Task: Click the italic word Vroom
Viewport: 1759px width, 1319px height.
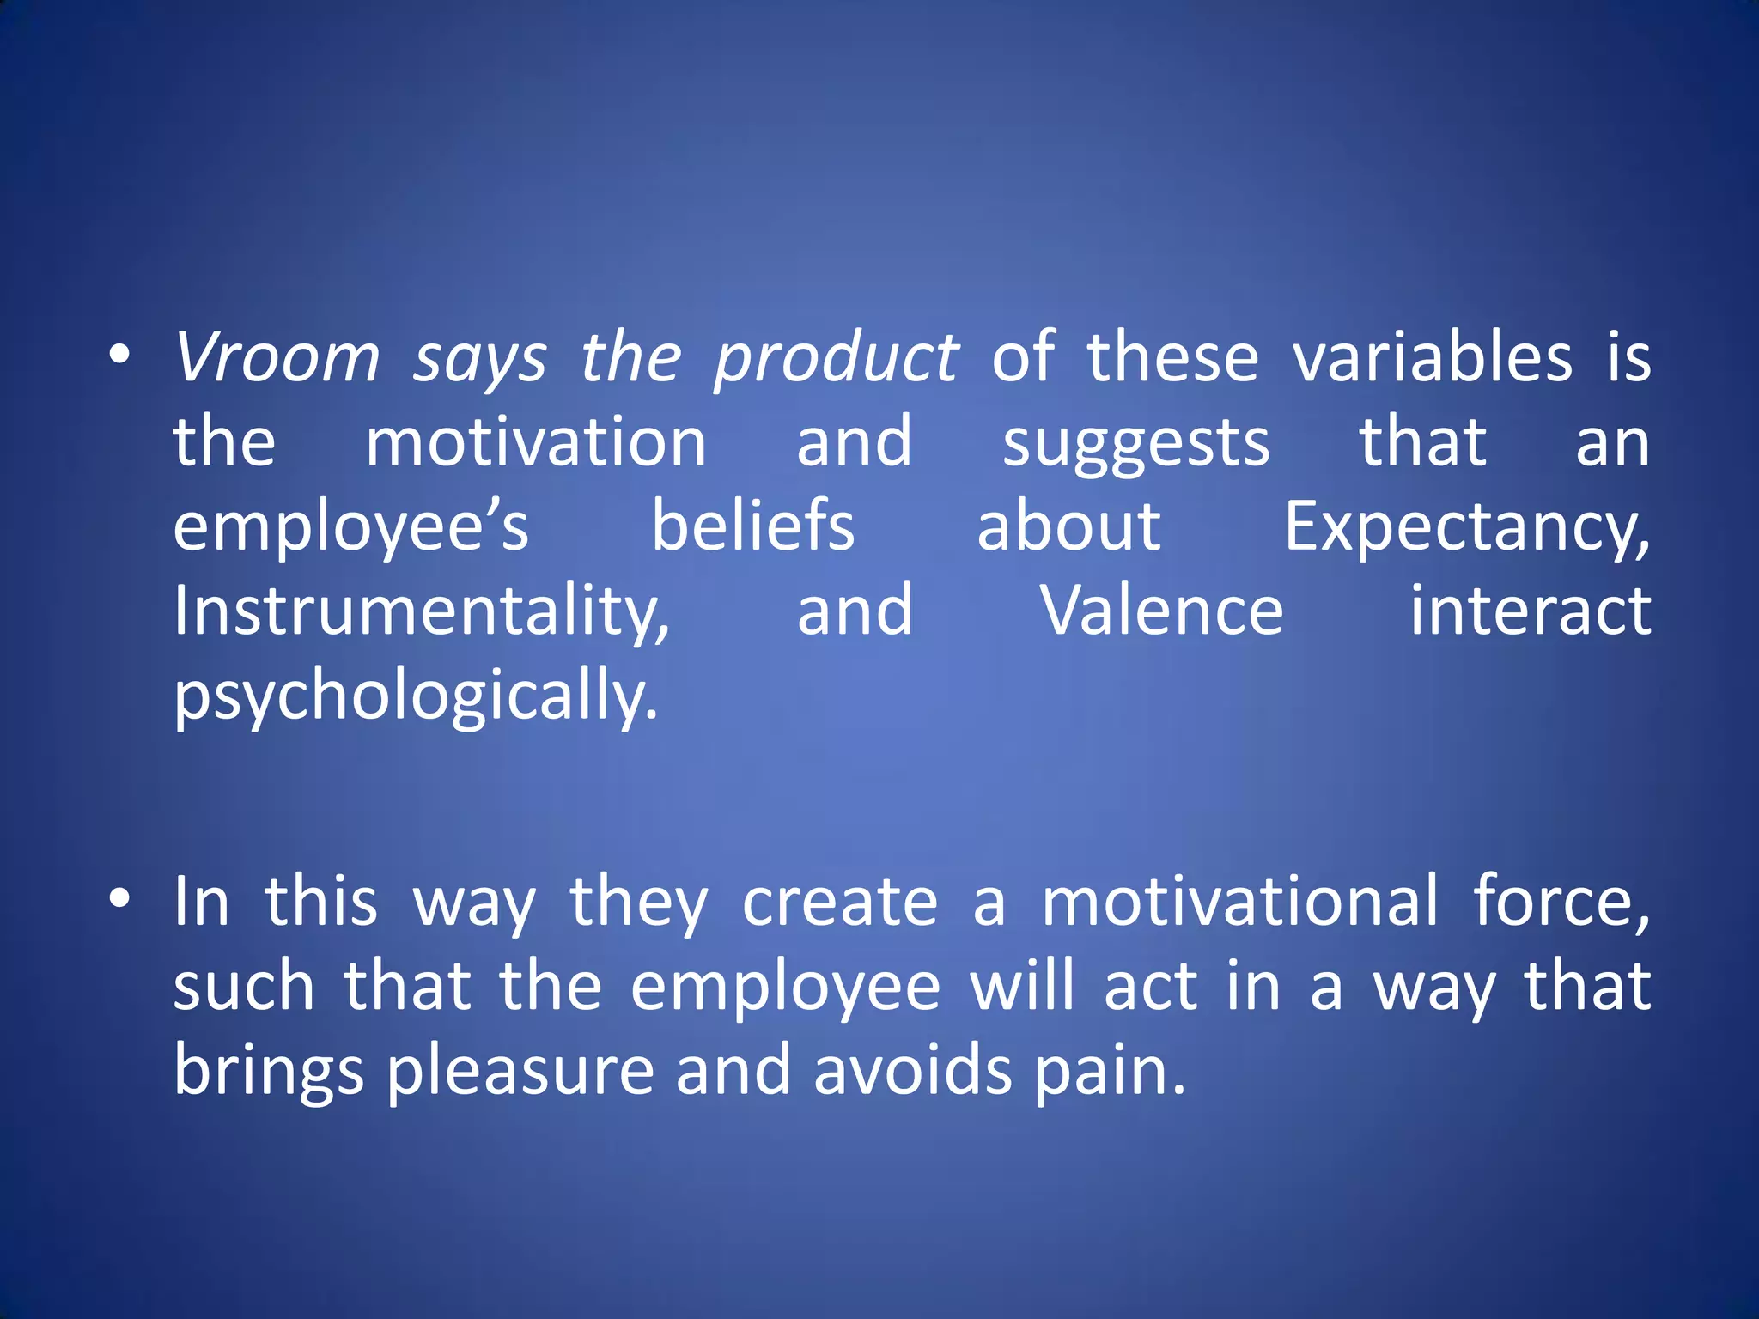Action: tap(277, 357)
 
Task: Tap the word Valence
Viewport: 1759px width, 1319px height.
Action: tap(1162, 611)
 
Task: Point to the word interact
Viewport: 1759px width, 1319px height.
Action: tap(1531, 611)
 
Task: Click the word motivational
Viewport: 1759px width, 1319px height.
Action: tap(1239, 902)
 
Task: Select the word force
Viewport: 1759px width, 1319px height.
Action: tap(1561, 903)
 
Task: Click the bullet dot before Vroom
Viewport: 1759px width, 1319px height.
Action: tap(120, 354)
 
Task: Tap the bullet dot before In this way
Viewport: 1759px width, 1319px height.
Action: tap(120, 898)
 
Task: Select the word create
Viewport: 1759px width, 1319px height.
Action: tap(840, 902)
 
